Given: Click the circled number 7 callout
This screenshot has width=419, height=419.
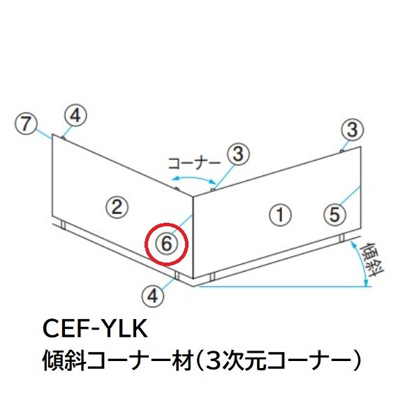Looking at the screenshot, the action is point(26,124).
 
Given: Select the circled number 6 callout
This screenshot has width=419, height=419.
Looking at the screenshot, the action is point(166,244).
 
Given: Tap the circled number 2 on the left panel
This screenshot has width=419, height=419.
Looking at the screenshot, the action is point(117,207).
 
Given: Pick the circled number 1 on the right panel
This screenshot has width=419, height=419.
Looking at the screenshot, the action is point(280,214).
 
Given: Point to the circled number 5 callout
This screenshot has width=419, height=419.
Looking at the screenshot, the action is point(335,214).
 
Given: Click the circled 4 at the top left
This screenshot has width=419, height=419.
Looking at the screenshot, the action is point(75,116).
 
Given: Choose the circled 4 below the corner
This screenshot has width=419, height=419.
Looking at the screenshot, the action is point(153,296).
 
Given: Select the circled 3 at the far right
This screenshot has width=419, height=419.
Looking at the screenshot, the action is point(352,129).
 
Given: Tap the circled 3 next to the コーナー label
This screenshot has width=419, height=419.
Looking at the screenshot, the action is point(238,154).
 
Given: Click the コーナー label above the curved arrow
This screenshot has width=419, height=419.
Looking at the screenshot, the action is point(195,163).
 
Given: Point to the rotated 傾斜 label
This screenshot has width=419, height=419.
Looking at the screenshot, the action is point(372,260).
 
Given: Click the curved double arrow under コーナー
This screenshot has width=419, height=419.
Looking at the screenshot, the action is point(193,178).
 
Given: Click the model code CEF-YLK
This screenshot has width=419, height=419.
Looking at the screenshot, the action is point(95,329).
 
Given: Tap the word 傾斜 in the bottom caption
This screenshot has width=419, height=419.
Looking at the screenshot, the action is point(64,361).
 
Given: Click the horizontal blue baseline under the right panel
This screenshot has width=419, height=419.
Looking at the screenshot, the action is point(285,286).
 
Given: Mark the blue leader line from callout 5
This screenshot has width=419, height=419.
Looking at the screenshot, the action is point(351,196).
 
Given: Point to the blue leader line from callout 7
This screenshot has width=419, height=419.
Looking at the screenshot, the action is point(44,134).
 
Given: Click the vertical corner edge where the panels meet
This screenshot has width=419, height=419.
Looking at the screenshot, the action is point(193,237).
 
